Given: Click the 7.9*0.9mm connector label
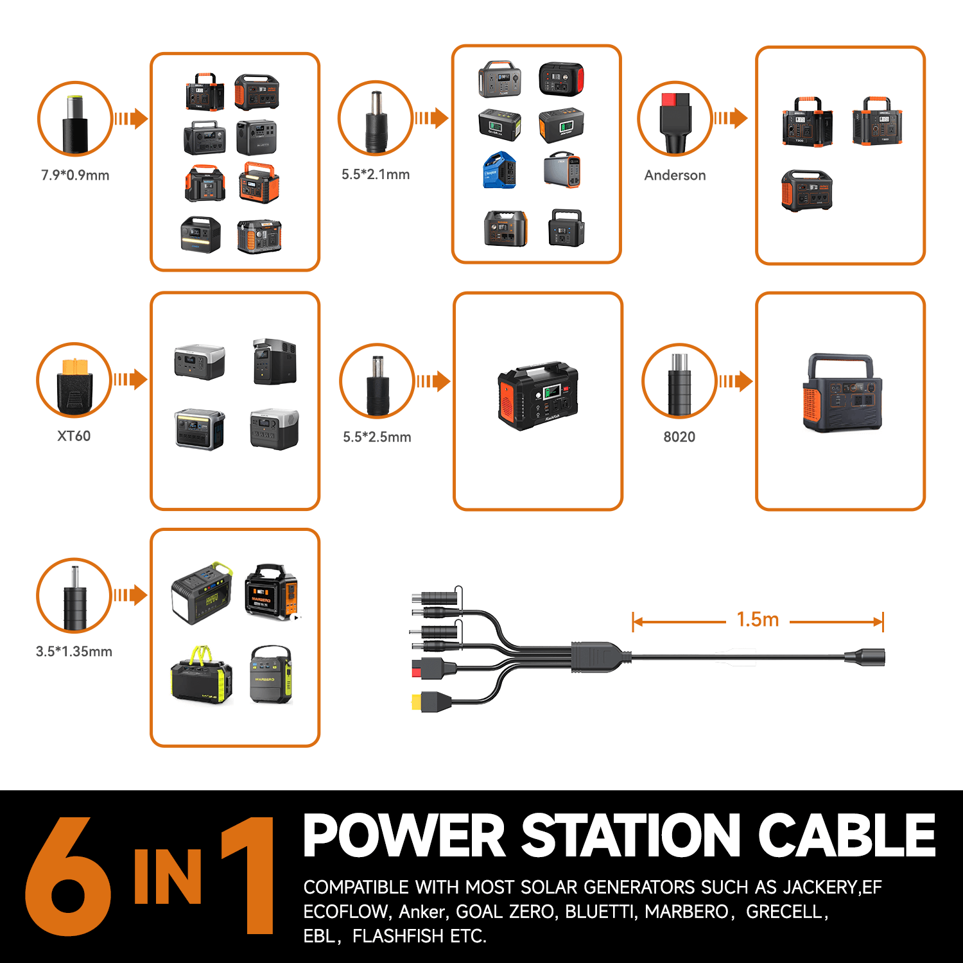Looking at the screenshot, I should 75,175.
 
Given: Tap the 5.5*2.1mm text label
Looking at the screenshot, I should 376,175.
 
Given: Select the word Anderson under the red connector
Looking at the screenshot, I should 675,175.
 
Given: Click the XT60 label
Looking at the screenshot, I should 74,436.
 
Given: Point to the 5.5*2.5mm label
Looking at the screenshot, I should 377,437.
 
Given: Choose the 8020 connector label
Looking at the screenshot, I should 679,437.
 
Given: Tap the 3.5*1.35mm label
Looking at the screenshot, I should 74,652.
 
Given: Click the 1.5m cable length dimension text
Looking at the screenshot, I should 758,620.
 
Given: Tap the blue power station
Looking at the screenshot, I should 499,170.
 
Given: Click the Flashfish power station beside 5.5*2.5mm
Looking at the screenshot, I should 538,395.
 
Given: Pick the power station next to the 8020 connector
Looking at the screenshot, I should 842,394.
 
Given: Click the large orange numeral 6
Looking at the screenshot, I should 67,876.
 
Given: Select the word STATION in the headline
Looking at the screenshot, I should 631,835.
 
